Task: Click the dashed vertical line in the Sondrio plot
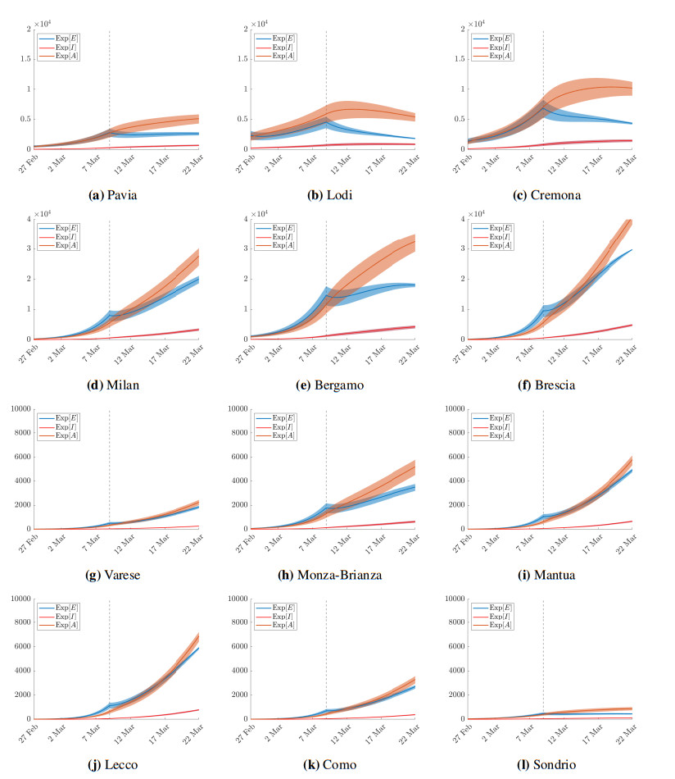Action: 543,656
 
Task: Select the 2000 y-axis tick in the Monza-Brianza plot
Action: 236,505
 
